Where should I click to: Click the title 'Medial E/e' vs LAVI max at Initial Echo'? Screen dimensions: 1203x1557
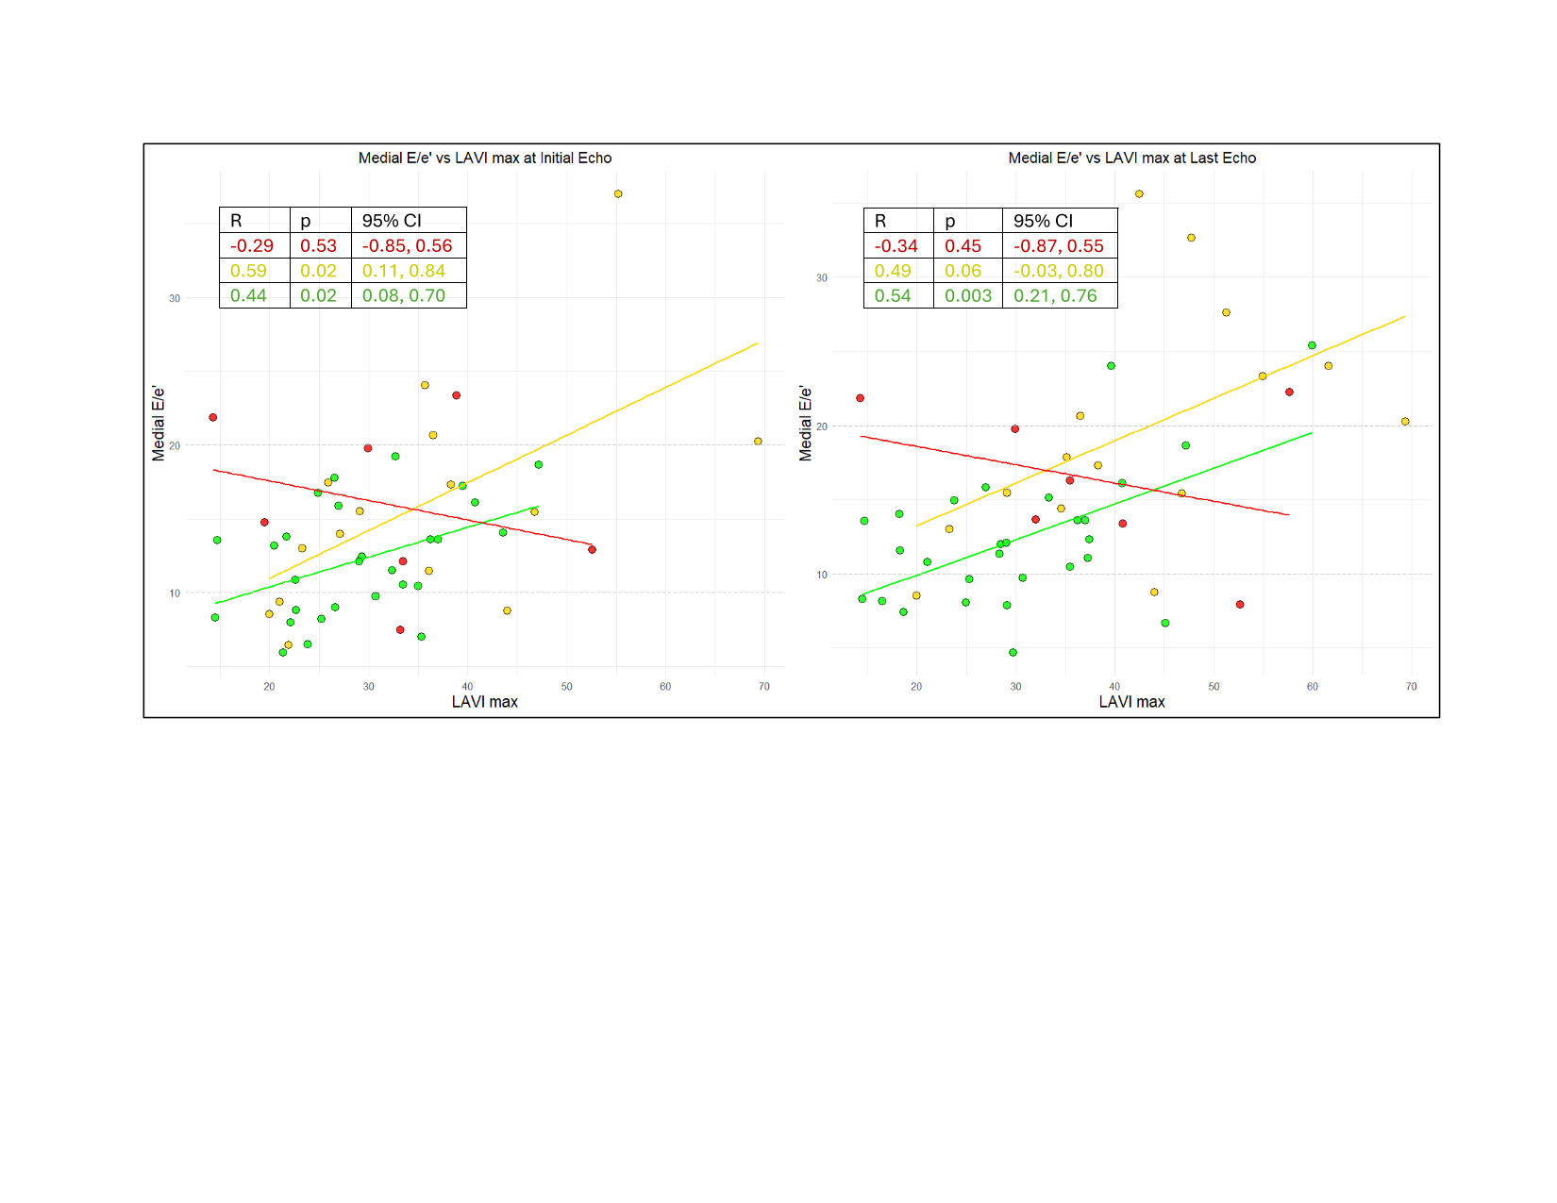tap(484, 159)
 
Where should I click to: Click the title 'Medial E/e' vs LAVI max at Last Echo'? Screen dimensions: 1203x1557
tap(1131, 159)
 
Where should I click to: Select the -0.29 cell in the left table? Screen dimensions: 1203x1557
tap(252, 246)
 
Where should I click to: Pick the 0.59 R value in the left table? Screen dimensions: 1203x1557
tap(248, 271)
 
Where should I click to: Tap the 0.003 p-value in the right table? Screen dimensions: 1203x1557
tap(968, 296)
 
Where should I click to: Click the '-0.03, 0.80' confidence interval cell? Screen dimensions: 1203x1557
tap(1058, 271)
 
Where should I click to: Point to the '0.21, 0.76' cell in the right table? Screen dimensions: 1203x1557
tap(1055, 296)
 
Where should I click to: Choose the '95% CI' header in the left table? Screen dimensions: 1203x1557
tap(392, 221)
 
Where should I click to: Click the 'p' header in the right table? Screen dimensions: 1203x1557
tap(950, 221)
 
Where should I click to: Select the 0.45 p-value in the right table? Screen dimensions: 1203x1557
tap(963, 246)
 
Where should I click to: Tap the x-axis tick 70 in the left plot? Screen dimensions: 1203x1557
tap(764, 687)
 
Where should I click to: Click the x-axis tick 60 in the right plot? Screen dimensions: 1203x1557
tap(1313, 687)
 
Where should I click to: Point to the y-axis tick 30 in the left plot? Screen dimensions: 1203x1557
tap(175, 298)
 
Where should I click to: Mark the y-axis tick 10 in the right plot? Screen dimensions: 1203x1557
tap(822, 575)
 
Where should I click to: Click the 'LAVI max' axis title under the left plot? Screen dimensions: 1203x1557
tap(484, 702)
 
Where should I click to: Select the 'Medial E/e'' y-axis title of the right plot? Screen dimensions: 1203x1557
tap(806, 423)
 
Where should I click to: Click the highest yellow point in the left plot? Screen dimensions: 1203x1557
tap(618, 194)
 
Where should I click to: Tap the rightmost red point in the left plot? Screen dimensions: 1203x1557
tap(592, 550)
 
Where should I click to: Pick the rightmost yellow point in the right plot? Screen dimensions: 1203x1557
tap(1405, 422)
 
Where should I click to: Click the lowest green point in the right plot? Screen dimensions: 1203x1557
tap(1013, 653)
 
